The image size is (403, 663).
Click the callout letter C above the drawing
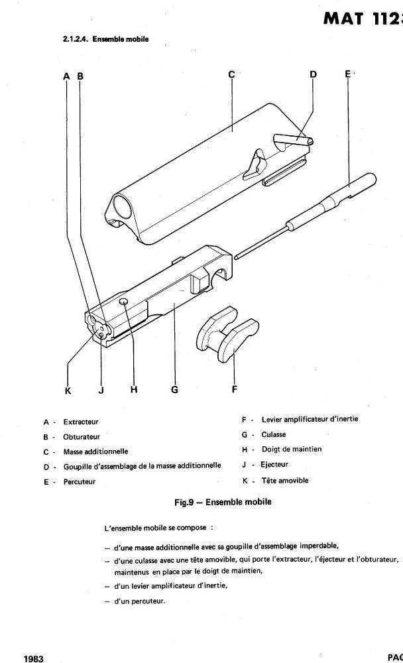pos(232,75)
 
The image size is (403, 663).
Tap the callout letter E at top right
pos(347,75)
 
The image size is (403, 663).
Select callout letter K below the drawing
pos(68,390)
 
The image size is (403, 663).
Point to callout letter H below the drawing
pos(133,390)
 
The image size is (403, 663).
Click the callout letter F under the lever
pos(234,389)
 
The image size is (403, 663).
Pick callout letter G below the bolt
pos(174,390)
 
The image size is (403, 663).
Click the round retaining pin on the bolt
pos(125,302)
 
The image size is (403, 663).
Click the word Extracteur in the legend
pos(81,422)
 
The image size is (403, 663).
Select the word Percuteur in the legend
pos(80,482)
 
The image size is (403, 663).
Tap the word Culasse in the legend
pos(274,434)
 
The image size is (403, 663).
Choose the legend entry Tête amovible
pos(285,481)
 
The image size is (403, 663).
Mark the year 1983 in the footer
pos(34,658)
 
